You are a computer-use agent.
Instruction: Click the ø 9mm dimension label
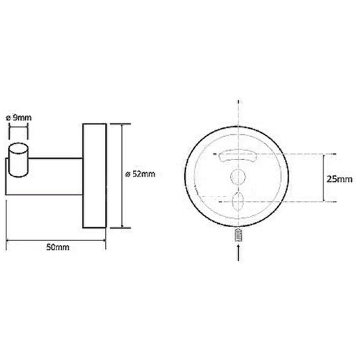pyautogui.click(x=18, y=118)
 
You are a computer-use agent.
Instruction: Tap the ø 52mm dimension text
pyautogui.click(x=140, y=174)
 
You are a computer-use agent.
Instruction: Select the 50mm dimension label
pyautogui.click(x=58, y=247)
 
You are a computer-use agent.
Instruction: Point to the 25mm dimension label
pyautogui.click(x=339, y=179)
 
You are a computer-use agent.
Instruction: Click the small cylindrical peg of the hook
pyautogui.click(x=18, y=160)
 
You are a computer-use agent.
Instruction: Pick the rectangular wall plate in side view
pyautogui.click(x=94, y=176)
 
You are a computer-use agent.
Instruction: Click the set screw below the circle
pyautogui.click(x=239, y=235)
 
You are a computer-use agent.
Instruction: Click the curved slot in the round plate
pyautogui.click(x=238, y=156)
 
